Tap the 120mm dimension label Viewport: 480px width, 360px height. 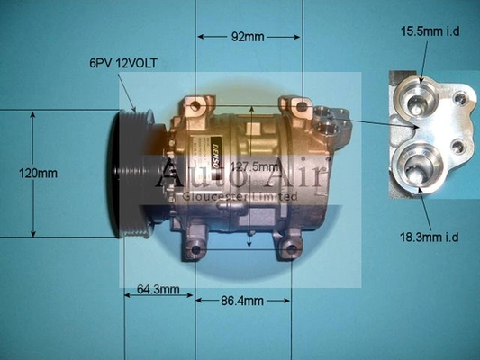38,174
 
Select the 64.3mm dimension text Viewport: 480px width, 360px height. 158,289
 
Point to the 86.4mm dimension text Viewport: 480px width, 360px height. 242,301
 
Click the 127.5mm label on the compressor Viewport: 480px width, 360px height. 255,167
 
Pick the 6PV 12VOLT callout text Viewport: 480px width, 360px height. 123,63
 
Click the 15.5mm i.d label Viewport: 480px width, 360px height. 430,31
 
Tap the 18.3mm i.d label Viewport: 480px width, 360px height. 430,237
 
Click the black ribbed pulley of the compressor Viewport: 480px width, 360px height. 132,174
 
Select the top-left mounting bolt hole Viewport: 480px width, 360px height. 195,106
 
